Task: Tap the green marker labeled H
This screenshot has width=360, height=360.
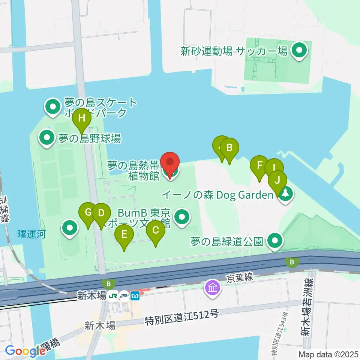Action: coord(82,119)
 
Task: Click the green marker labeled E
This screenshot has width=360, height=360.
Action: coord(124,236)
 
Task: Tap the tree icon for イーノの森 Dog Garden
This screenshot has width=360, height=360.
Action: coord(286,194)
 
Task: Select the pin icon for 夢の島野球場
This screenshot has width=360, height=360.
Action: coord(47,138)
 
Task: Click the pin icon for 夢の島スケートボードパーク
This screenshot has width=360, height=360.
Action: coord(53,106)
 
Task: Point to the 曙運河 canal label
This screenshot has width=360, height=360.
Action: coord(32,235)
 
